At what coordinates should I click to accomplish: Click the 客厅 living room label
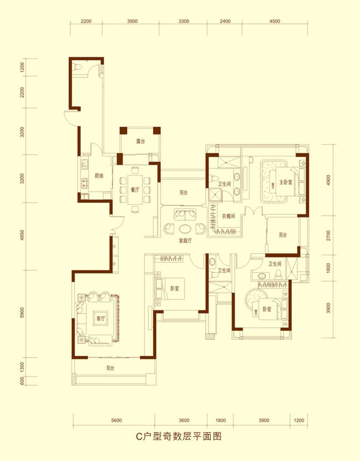coord(101,319)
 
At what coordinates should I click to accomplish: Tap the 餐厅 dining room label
coord(135,190)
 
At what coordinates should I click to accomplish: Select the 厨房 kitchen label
coord(99,176)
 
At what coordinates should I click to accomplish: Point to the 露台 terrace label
coord(140,141)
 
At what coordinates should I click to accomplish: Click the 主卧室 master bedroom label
coord(286,182)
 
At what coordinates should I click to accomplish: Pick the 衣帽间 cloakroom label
coord(228,216)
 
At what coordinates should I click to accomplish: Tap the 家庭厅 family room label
coord(185,241)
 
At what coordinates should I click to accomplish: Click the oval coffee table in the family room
coord(185,229)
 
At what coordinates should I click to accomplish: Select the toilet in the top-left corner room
coord(78,67)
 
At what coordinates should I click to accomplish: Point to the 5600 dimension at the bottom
coord(117,420)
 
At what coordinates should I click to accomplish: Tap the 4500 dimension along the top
coord(275,21)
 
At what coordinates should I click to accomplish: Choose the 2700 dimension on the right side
coord(328,236)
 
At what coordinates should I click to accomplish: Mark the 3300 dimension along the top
coord(184,21)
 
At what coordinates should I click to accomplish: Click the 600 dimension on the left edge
coord(23,381)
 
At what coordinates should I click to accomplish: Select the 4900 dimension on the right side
coord(328,180)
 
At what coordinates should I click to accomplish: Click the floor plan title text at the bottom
coord(178,436)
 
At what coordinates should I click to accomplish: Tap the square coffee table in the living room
coord(100,318)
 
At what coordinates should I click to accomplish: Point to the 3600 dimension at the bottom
coord(184,420)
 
